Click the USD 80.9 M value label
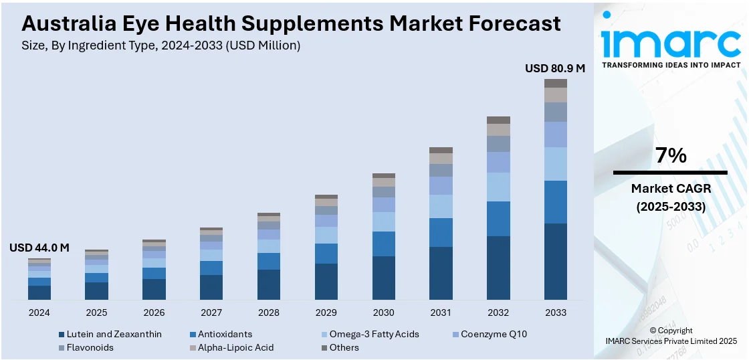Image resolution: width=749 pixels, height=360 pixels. pyautogui.click(x=554, y=68)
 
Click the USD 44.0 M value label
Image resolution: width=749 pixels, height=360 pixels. pyautogui.click(x=39, y=248)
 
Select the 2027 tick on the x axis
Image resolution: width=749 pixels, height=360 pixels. pyautogui.click(x=211, y=312)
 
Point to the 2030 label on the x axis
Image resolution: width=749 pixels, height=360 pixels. pyautogui.click(x=383, y=312)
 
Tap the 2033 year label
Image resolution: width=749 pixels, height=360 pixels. pyautogui.click(x=555, y=312)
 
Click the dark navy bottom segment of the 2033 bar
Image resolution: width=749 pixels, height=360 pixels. pyautogui.click(x=555, y=262)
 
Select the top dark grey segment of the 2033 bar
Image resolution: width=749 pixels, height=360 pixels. pyautogui.click(x=555, y=83)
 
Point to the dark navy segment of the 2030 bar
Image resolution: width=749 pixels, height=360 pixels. pyautogui.click(x=383, y=278)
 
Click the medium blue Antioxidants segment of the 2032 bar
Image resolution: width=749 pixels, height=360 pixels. pyautogui.click(x=498, y=218)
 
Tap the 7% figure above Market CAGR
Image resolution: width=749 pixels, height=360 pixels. pyautogui.click(x=670, y=156)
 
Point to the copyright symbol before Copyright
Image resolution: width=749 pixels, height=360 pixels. pyautogui.click(x=653, y=331)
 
